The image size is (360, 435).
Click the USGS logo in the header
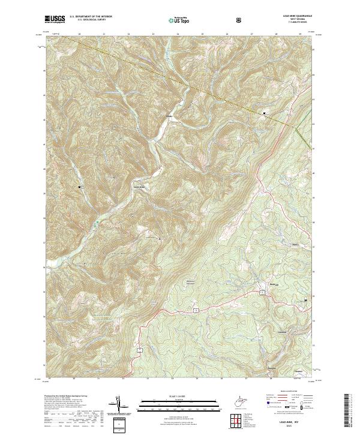[x=55, y=19]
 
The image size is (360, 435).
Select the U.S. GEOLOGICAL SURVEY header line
[x=85, y=21]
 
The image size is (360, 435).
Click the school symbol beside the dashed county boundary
[x=264, y=113]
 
